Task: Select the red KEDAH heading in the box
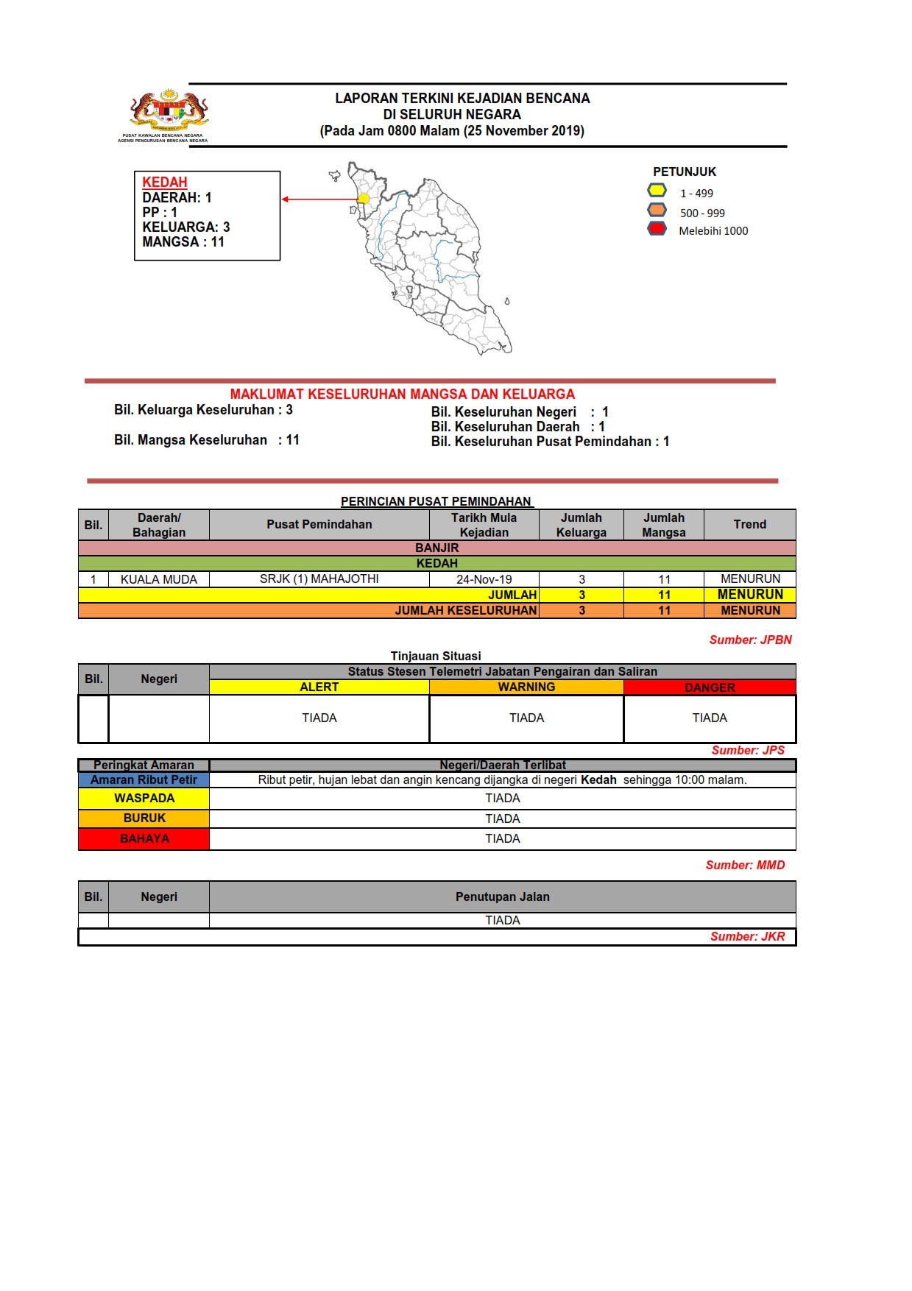[165, 182]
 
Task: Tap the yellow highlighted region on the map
[364, 198]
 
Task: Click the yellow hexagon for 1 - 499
[657, 191]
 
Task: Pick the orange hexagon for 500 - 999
[657, 210]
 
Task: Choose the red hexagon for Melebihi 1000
[657, 229]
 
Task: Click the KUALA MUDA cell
[159, 579]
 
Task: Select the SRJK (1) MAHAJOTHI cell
[319, 579]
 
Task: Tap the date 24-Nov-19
[484, 579]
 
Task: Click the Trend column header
[749, 525]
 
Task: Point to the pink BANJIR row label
[437, 548]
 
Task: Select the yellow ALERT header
[319, 687]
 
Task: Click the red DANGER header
[710, 687]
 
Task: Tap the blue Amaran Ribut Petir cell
[144, 779]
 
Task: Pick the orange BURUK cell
[144, 818]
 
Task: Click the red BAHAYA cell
[144, 839]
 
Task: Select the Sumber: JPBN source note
[750, 640]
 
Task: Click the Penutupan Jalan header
[502, 896]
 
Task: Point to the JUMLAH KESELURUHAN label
[465, 610]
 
